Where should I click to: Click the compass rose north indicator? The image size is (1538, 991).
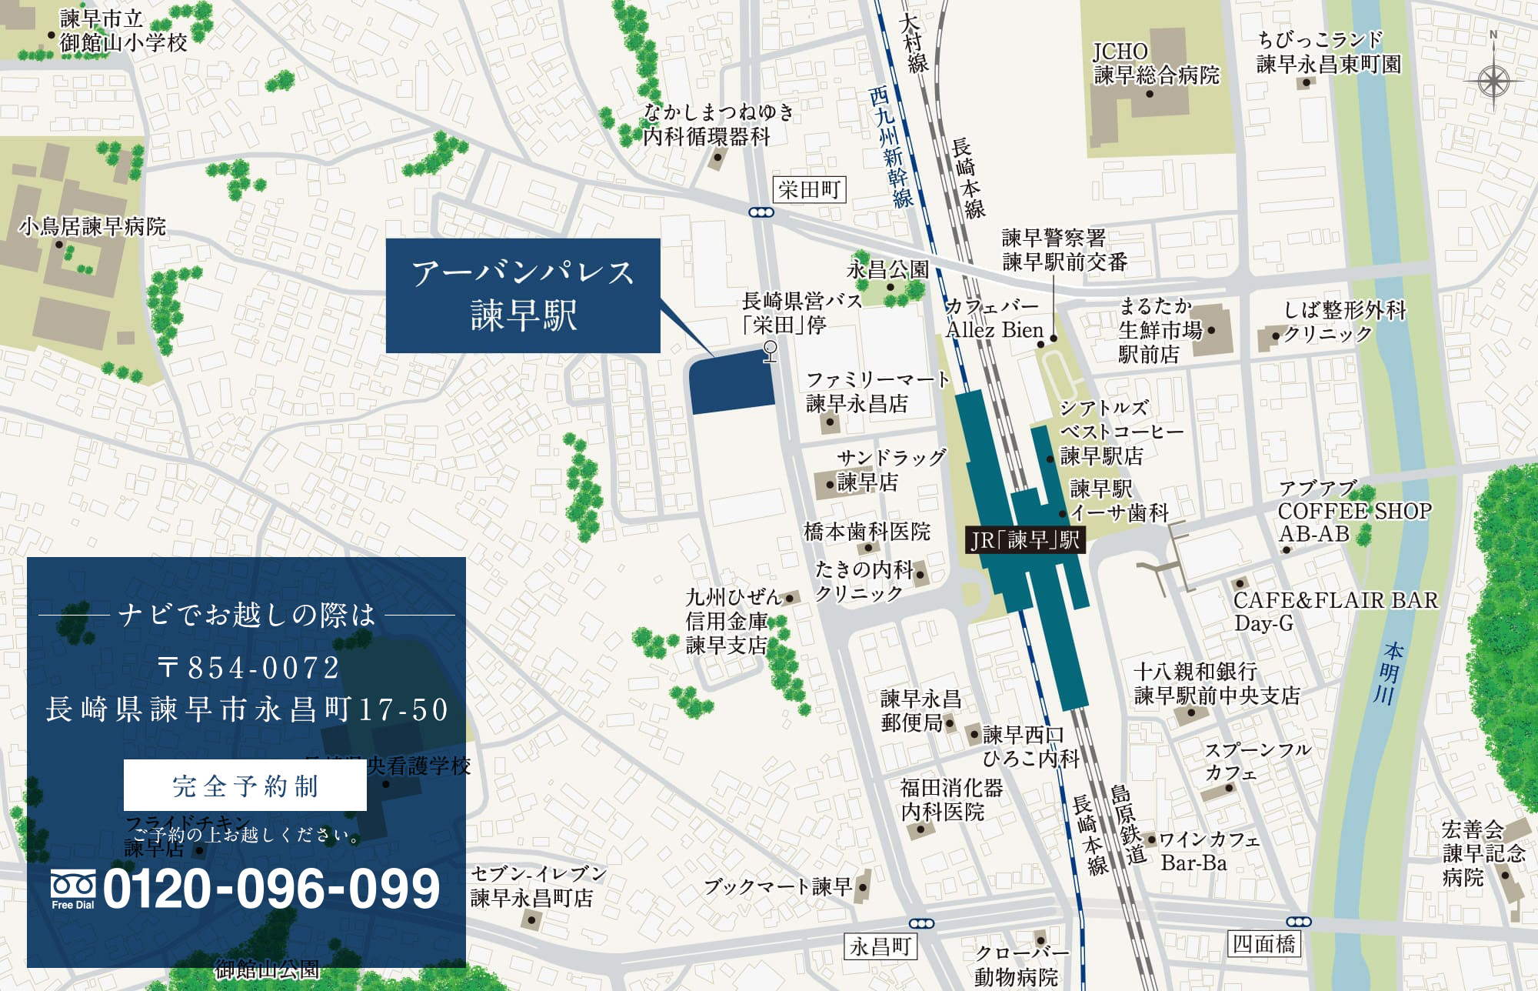1493,78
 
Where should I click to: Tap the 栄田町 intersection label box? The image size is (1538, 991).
809,189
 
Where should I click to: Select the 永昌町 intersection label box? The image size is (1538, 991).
881,946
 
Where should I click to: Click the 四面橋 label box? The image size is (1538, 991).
1264,943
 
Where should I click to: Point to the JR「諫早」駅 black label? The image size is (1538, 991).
1025,539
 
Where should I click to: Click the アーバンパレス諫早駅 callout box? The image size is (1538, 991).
523,295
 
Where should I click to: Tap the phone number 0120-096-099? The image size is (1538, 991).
271,889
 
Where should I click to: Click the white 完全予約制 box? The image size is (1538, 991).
245,786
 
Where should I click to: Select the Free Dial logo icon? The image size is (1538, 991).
73,889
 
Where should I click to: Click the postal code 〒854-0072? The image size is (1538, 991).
248,667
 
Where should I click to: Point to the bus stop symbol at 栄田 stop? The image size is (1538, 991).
770,352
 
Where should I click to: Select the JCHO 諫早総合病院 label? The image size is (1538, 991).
1156,64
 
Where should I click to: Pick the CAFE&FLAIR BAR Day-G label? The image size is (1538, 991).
1334,611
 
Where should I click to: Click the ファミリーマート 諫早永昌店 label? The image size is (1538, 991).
877,392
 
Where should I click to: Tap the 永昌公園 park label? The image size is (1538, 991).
887,270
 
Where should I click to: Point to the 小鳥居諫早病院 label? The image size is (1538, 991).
92,226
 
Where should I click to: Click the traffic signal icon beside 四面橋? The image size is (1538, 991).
1298,922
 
